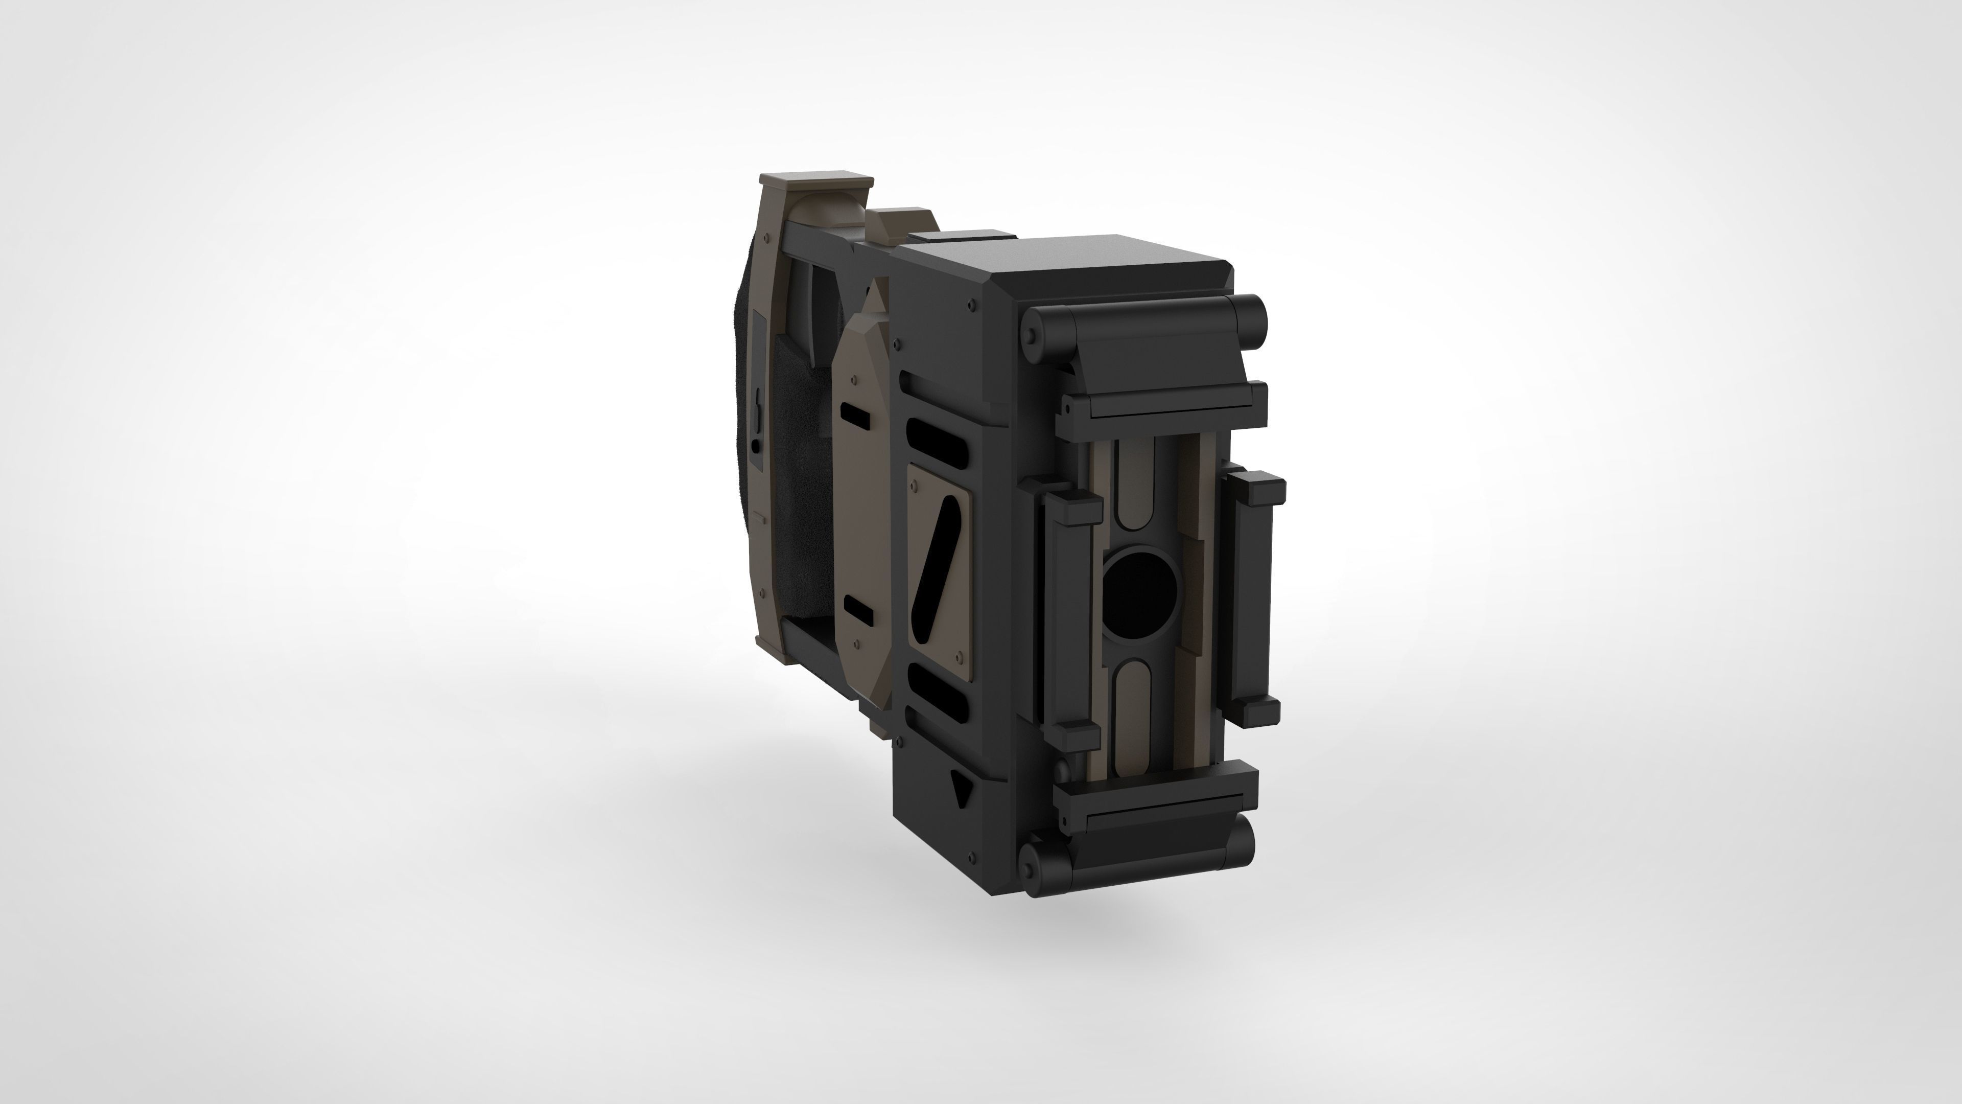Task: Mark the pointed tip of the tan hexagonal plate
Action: (875, 286)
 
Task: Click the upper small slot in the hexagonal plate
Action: (857, 415)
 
